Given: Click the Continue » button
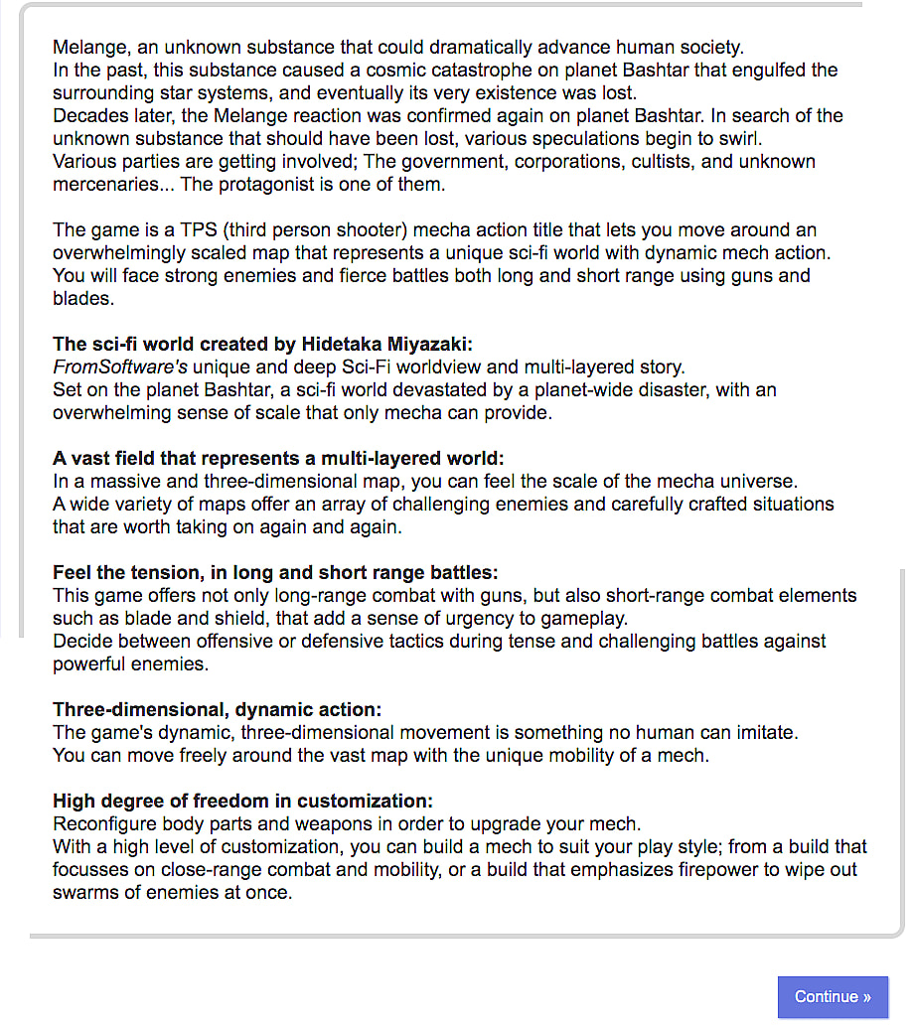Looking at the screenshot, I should point(833,996).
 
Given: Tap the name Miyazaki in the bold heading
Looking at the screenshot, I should point(433,345).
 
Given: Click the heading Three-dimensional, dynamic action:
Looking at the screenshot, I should point(218,710).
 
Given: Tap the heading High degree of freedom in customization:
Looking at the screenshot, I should point(243,802).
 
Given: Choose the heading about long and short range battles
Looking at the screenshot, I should point(275,573).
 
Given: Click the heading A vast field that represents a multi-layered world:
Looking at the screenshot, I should point(278,459).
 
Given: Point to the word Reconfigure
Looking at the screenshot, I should point(101,824).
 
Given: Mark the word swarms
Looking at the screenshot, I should point(87,893).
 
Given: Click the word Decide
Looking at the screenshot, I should point(82,642).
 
